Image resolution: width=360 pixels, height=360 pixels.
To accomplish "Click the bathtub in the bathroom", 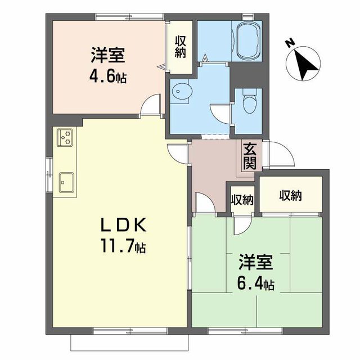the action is tap(249, 41).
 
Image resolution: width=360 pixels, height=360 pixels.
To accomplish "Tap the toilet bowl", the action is tap(250, 101).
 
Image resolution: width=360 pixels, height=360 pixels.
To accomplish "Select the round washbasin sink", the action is tap(182, 91).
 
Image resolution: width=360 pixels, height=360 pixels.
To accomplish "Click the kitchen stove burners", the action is tap(65, 137).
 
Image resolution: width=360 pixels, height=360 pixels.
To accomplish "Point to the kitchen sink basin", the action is tap(66, 182).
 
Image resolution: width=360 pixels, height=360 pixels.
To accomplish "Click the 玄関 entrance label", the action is tap(249, 156).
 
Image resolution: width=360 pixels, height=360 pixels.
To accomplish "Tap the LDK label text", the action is tap(124, 225).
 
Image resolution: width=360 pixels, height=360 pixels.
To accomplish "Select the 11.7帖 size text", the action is tap(123, 246).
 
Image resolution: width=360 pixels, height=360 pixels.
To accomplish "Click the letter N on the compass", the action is tap(290, 43).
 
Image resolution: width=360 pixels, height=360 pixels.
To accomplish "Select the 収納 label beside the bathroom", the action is tap(181, 47).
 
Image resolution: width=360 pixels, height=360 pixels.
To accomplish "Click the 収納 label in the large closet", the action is tap(290, 196).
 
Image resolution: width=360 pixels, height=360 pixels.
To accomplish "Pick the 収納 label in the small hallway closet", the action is tap(242, 200).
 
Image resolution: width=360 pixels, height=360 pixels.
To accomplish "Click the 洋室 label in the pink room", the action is tap(108, 55).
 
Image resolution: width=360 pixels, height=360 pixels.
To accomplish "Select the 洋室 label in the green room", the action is tap(256, 262).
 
